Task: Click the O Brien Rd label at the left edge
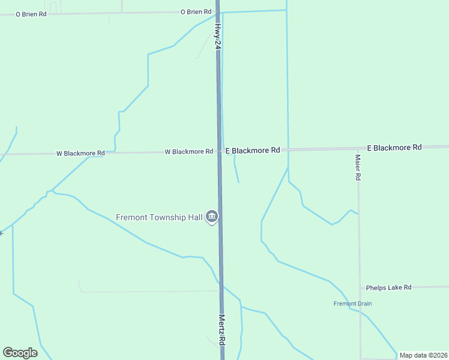pos(31,14)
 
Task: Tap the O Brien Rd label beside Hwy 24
pos(196,11)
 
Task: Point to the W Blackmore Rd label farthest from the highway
pos(80,154)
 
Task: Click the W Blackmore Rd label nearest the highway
pos(188,152)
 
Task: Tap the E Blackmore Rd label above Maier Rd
pos(394,147)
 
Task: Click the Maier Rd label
pos(357,167)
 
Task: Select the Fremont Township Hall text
pos(159,217)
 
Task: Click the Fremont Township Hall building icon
pos(211,217)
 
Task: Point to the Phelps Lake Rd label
pos(388,288)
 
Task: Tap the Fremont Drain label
pos(352,304)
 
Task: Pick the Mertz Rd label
pos(221,329)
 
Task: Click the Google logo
pos(20,353)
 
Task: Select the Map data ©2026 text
pos(423,355)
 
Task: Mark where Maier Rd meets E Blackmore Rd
pos(357,148)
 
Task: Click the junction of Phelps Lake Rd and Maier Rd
pos(360,288)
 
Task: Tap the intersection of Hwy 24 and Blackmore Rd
pos(219,151)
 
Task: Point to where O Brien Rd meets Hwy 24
pos(217,11)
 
